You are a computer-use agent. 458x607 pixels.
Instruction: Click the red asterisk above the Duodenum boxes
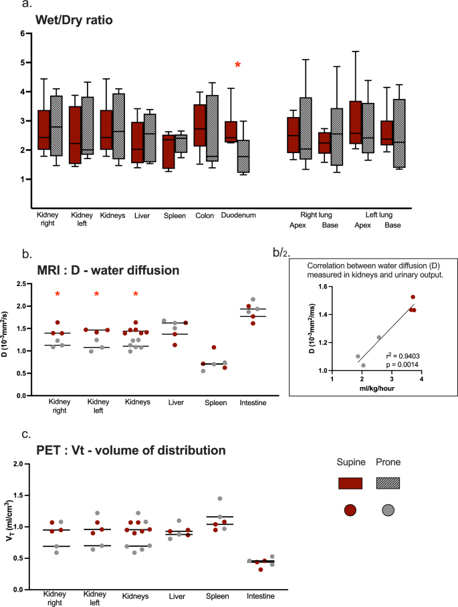pos(237,64)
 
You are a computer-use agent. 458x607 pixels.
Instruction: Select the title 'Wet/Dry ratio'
pos(74,20)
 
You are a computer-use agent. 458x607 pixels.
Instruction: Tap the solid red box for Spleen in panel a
pos(168,151)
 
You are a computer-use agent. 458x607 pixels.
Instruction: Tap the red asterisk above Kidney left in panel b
pos(97,294)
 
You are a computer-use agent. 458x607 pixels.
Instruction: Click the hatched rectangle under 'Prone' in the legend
pos(388,483)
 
